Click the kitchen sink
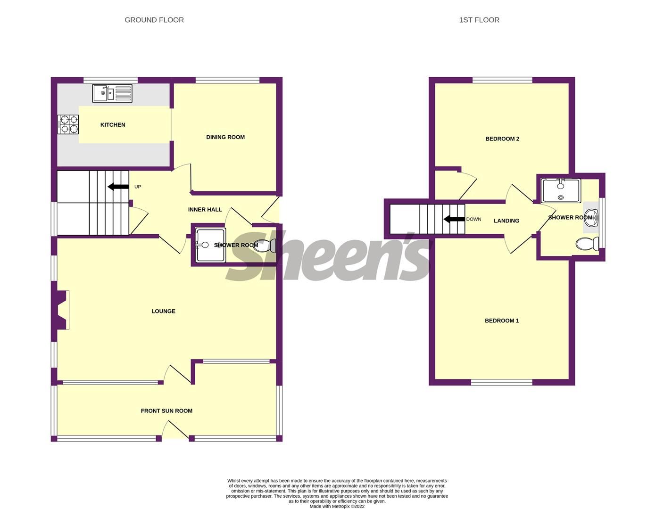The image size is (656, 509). [113, 93]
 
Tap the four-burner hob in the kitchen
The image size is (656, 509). [68, 125]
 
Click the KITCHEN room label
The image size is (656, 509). [113, 125]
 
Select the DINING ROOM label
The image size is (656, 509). [225, 137]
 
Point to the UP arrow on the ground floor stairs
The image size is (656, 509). [118, 187]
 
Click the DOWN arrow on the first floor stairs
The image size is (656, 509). [455, 219]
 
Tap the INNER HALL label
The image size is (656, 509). [205, 210]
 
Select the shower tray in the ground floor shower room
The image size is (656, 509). [210, 245]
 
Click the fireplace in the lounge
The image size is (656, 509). [61, 310]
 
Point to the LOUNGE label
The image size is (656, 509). [163, 311]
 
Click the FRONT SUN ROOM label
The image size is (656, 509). [166, 411]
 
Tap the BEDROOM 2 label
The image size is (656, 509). [502, 139]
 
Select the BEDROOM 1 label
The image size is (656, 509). [502, 321]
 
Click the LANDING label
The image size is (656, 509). [507, 221]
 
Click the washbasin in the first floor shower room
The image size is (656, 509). [591, 217]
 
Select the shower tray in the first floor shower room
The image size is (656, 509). [561, 190]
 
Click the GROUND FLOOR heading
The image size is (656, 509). [154, 20]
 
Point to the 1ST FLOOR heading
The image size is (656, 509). [479, 20]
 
